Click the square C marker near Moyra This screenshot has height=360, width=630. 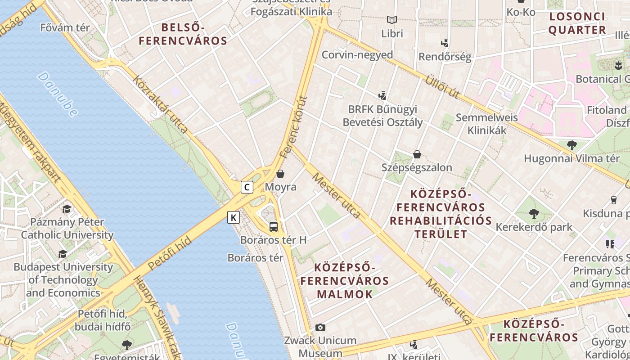pyautogui.click(x=247, y=187)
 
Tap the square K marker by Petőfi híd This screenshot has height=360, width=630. pyautogui.click(x=233, y=218)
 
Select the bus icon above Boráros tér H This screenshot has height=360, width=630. pyautogui.click(x=273, y=226)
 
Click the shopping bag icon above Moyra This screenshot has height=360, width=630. pyautogui.click(x=280, y=174)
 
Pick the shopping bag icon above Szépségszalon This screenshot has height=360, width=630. pyautogui.click(x=417, y=154)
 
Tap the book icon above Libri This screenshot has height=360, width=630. pyautogui.click(x=392, y=20)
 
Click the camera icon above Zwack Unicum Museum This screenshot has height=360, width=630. pyautogui.click(x=320, y=327)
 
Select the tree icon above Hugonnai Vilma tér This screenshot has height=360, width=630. pyautogui.click(x=571, y=145)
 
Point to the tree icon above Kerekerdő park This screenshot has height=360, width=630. pyautogui.click(x=534, y=213)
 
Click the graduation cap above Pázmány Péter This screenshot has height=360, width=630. pyautogui.click(x=67, y=209)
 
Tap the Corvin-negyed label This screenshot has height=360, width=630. pyautogui.click(x=357, y=55)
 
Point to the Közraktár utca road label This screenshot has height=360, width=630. pyautogui.click(x=161, y=104)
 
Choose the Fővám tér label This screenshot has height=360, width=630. pyautogui.click(x=65, y=27)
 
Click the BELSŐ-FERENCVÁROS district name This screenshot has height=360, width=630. pyautogui.click(x=183, y=34)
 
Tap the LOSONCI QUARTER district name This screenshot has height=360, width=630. pyautogui.click(x=577, y=23)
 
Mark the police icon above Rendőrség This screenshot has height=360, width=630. pyautogui.click(x=445, y=43)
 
